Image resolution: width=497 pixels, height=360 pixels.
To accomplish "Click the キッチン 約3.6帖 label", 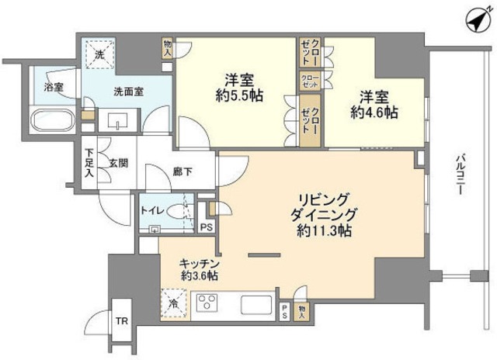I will click(199, 269).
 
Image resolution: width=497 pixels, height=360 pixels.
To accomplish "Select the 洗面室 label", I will click(128, 92).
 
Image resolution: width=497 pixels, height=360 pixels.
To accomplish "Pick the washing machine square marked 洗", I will click(99, 55).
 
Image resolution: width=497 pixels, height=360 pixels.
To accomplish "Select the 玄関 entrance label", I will click(118, 163).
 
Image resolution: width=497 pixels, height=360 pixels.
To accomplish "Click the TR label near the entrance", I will click(122, 321).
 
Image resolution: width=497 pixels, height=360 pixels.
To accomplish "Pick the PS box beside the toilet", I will click(206, 227).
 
